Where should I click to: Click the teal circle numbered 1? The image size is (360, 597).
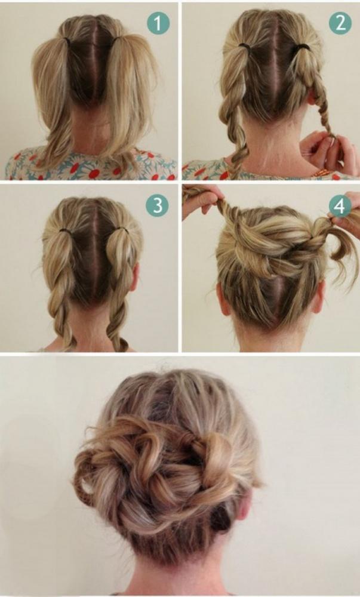158,23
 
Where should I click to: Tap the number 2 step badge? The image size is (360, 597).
340,23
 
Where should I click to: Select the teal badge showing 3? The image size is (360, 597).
157,205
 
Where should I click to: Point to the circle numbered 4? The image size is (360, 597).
340,206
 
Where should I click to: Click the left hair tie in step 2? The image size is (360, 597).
244,46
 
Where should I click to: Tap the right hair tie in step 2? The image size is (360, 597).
302,47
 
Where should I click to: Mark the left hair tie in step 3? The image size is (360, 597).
66,230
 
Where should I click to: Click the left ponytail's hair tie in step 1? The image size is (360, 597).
67,39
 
